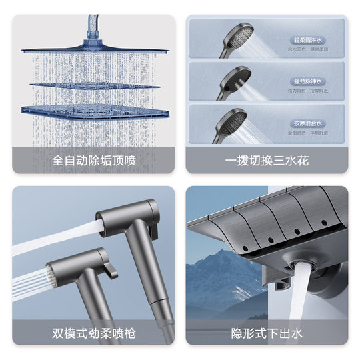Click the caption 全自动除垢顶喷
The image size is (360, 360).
(x=93, y=161)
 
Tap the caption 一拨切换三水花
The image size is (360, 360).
(x=267, y=161)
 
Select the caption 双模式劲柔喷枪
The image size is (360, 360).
(x=93, y=331)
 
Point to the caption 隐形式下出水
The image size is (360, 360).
(x=267, y=331)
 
